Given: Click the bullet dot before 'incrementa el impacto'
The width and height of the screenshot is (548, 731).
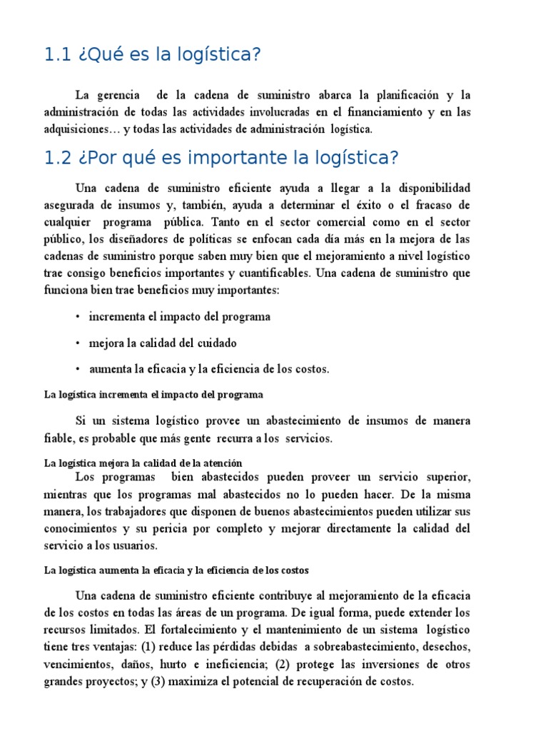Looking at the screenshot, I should click(77, 316).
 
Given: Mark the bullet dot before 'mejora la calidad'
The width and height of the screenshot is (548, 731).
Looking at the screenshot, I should click(77, 343).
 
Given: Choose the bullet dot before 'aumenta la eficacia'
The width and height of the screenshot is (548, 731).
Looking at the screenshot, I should click(77, 369).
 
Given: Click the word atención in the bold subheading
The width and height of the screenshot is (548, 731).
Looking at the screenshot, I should click(224, 463).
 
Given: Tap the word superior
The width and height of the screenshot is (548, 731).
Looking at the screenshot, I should click(445, 477).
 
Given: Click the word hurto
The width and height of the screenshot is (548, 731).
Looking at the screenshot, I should click(186, 664).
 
